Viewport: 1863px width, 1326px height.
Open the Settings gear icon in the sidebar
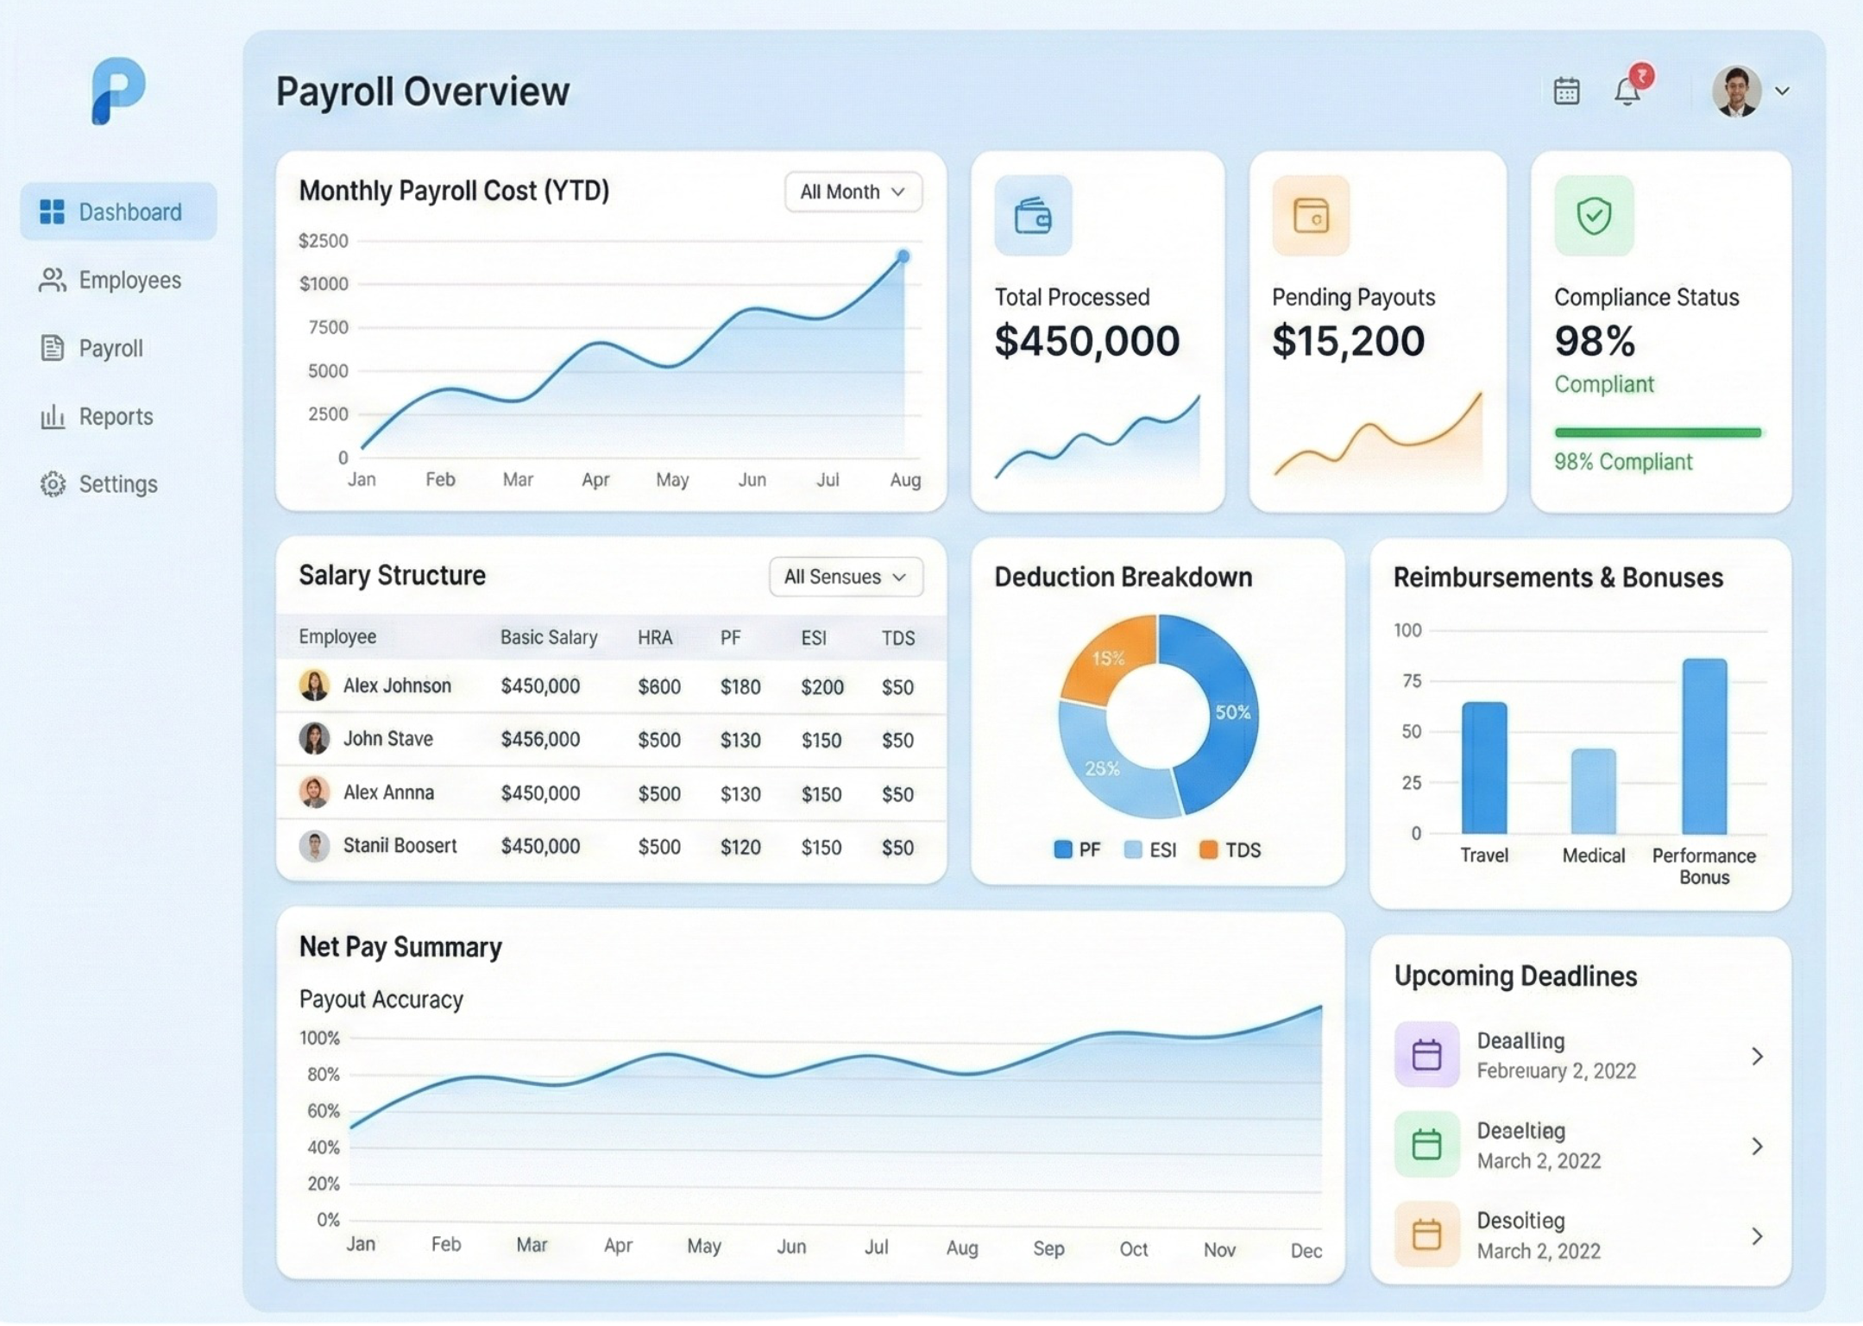(x=53, y=484)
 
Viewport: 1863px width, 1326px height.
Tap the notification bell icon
(x=1627, y=92)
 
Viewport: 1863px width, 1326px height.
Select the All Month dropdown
(x=853, y=192)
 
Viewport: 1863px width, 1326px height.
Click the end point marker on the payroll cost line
(x=903, y=256)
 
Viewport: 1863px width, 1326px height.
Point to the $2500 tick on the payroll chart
(x=324, y=241)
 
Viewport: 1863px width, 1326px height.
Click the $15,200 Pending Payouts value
(x=1348, y=341)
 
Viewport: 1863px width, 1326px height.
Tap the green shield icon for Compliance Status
(x=1594, y=216)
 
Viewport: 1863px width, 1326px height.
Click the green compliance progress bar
(x=1657, y=433)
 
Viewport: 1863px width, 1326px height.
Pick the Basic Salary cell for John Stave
(x=540, y=740)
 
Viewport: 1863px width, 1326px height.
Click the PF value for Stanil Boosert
(x=740, y=848)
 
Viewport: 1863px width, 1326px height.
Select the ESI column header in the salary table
(x=814, y=638)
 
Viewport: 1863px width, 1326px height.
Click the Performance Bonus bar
(x=1704, y=747)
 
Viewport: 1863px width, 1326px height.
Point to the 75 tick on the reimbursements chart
(x=1412, y=681)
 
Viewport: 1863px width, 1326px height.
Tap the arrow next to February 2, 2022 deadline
(x=1757, y=1056)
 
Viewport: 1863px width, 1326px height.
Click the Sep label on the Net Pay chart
(x=1048, y=1248)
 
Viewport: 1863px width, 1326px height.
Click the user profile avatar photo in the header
(x=1736, y=92)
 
